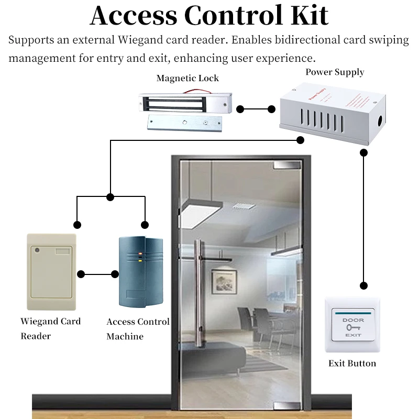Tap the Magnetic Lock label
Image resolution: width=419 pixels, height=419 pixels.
[188, 79]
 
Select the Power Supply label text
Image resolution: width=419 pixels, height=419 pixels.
[335, 72]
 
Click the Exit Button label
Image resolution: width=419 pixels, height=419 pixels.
[352, 363]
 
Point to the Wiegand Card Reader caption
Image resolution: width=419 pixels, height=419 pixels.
[50, 328]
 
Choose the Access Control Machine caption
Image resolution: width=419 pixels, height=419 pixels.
[138, 329]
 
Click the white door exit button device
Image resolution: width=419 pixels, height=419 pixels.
[351, 325]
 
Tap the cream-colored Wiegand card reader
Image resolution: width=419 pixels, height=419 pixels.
[51, 272]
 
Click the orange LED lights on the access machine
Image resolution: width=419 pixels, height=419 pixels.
[140, 257]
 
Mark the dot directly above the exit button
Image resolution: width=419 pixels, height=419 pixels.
[363, 285]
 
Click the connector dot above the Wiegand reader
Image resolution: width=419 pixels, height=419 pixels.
[77, 225]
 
